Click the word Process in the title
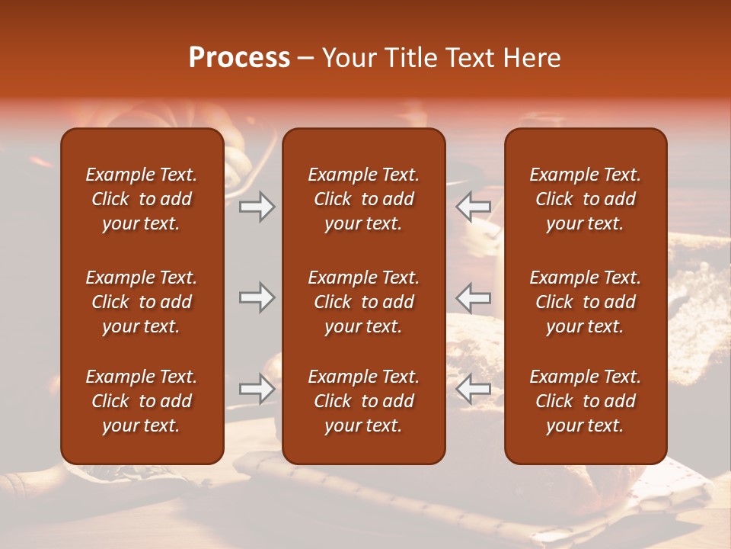(239, 58)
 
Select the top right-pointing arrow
(257, 207)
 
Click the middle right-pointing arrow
(257, 297)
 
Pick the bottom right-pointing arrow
(257, 389)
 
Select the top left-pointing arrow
(473, 207)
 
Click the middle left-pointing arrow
(473, 297)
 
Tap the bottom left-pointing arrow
(473, 389)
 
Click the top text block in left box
(142, 199)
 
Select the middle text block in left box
(142, 302)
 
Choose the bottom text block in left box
(142, 401)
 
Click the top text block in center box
(363, 199)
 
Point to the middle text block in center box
(363, 302)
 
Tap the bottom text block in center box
(363, 401)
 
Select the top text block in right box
(585, 199)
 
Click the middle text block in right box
(585, 302)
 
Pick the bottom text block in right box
(585, 401)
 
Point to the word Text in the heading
(470, 58)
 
